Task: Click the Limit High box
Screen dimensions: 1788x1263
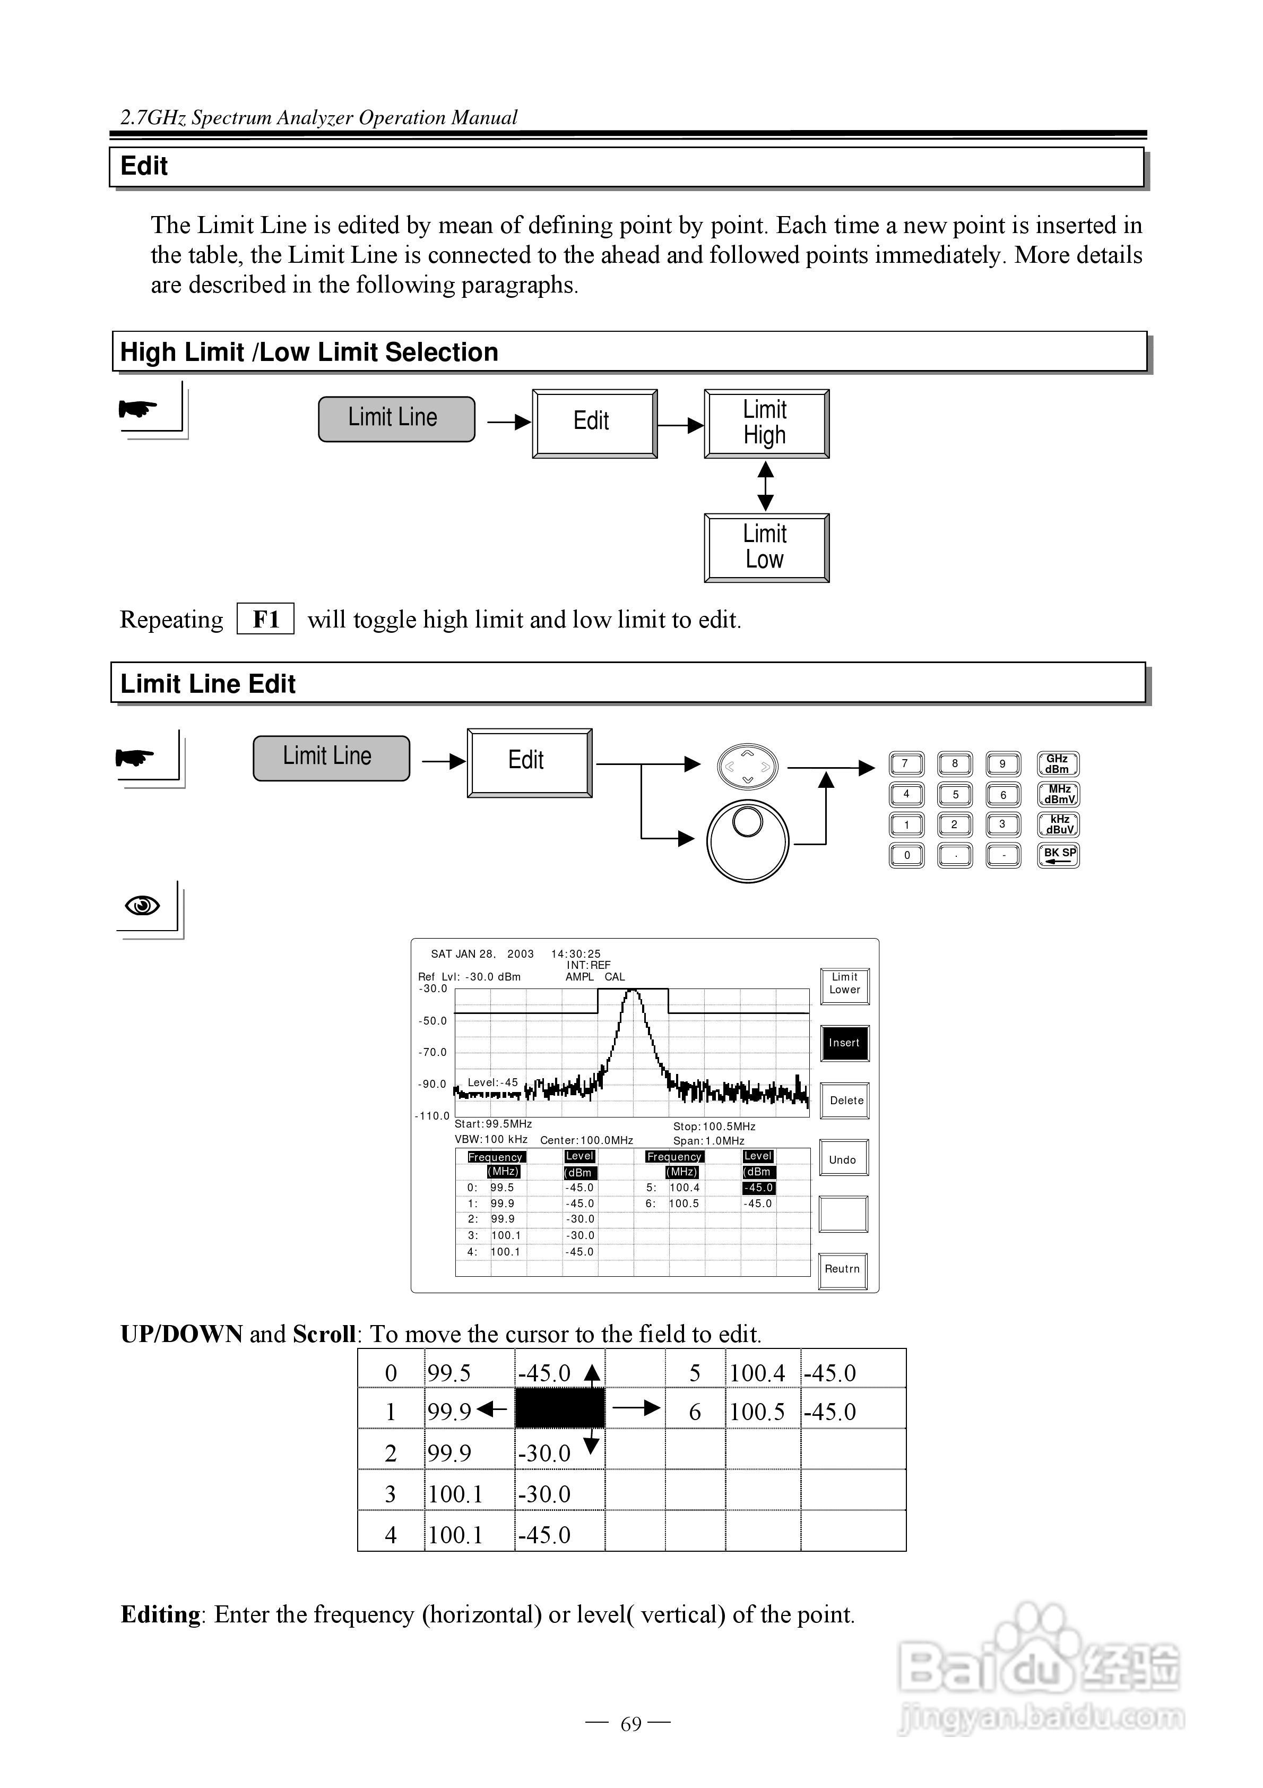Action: (x=766, y=423)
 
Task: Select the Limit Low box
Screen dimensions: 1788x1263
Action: (x=766, y=547)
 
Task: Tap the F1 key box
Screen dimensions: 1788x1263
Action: (x=265, y=619)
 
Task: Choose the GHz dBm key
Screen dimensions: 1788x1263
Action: (x=1058, y=764)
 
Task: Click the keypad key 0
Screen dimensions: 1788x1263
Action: (x=906, y=855)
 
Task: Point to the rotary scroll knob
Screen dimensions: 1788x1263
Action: (x=748, y=841)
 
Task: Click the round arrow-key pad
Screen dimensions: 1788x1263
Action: (x=748, y=766)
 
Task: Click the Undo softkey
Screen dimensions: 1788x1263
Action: (x=843, y=1159)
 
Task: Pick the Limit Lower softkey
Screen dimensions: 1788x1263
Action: (x=845, y=984)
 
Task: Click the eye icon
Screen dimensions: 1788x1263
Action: (x=143, y=906)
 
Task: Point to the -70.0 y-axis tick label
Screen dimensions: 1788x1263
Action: (x=433, y=1052)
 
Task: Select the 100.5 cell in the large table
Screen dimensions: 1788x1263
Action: (x=757, y=1412)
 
